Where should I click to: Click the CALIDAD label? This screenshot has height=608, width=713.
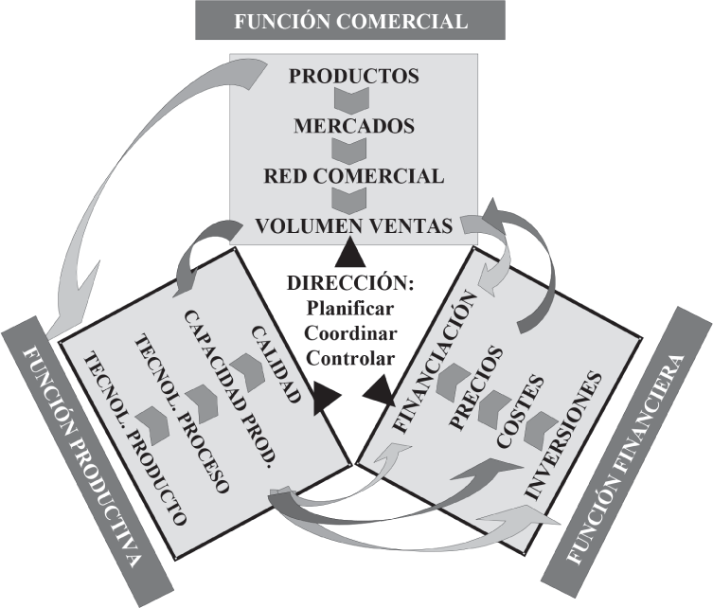[x=276, y=364]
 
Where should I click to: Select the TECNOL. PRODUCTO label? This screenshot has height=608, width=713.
[x=135, y=439]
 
